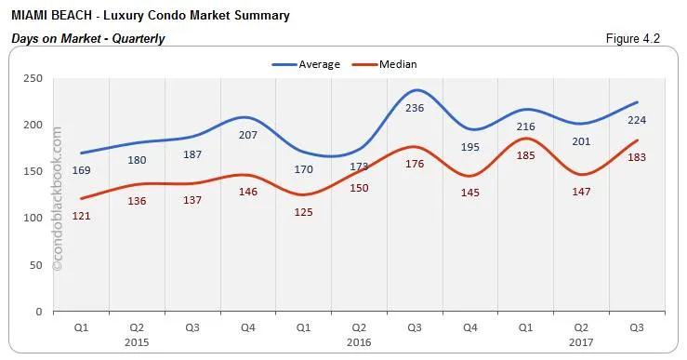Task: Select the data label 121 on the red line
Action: point(82,216)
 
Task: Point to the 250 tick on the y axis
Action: point(33,78)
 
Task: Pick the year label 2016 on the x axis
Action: point(359,340)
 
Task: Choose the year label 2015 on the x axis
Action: point(137,340)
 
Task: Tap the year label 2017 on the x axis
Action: point(582,340)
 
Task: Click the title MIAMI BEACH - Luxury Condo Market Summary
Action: point(150,16)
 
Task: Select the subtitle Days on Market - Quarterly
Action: point(87,38)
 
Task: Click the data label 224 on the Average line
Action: point(637,119)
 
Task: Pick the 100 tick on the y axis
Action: point(33,218)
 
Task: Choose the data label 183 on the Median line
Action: point(637,157)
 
